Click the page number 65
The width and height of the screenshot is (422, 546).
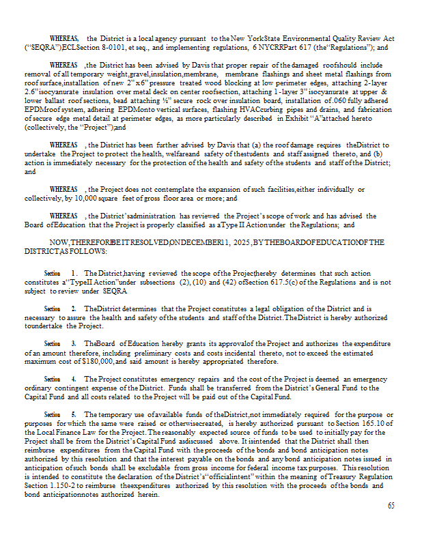coord(391,506)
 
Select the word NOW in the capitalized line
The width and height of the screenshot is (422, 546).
coord(60,242)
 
